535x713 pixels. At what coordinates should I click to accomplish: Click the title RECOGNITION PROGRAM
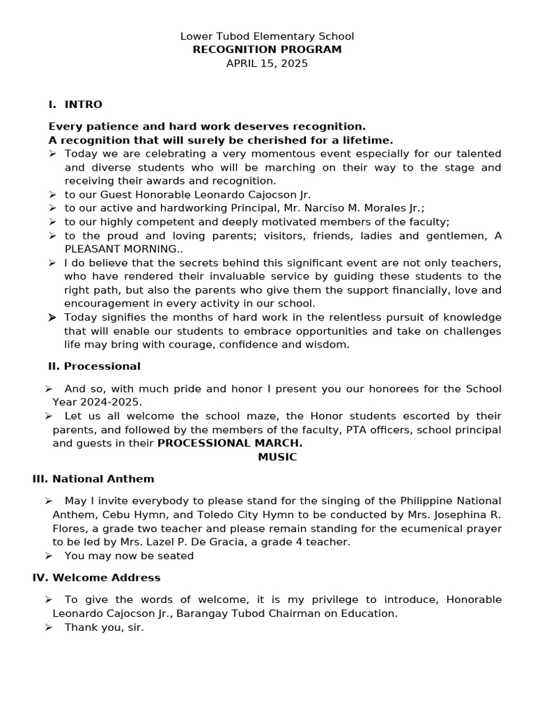267,49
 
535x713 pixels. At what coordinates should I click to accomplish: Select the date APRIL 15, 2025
267,63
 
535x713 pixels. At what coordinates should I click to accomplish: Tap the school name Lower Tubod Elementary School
267,36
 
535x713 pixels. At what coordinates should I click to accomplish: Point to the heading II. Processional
94,366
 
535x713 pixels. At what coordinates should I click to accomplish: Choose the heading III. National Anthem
93,479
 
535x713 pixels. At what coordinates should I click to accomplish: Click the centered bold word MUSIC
277,457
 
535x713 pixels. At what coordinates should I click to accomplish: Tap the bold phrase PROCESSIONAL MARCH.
230,444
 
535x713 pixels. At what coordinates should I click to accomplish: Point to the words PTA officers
376,430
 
